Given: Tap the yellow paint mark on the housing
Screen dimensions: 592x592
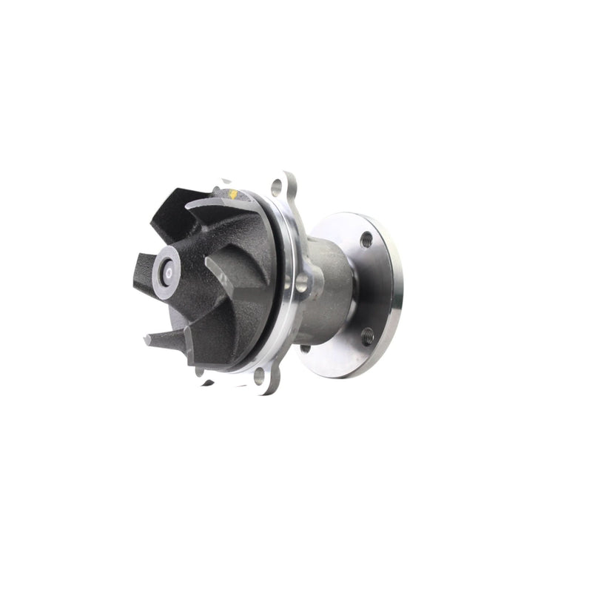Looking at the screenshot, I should pyautogui.click(x=234, y=195).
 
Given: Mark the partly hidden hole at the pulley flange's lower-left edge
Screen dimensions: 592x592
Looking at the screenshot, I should pyautogui.click(x=305, y=349).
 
